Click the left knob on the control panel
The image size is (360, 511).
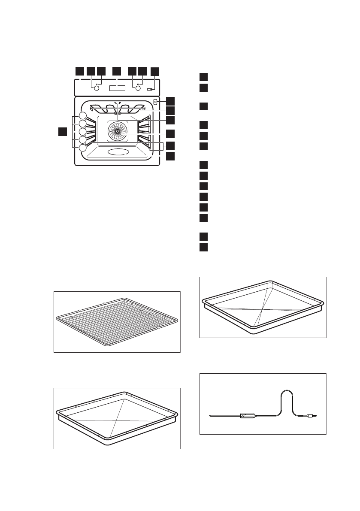96,88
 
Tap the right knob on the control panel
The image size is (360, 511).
138,88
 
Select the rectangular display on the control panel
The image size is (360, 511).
117,88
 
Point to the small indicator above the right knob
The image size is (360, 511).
138,84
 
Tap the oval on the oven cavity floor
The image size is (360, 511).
118,153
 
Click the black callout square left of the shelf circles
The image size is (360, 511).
63,131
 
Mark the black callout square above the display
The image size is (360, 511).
116,71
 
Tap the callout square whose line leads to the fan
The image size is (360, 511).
170,133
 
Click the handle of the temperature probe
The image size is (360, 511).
248,415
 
